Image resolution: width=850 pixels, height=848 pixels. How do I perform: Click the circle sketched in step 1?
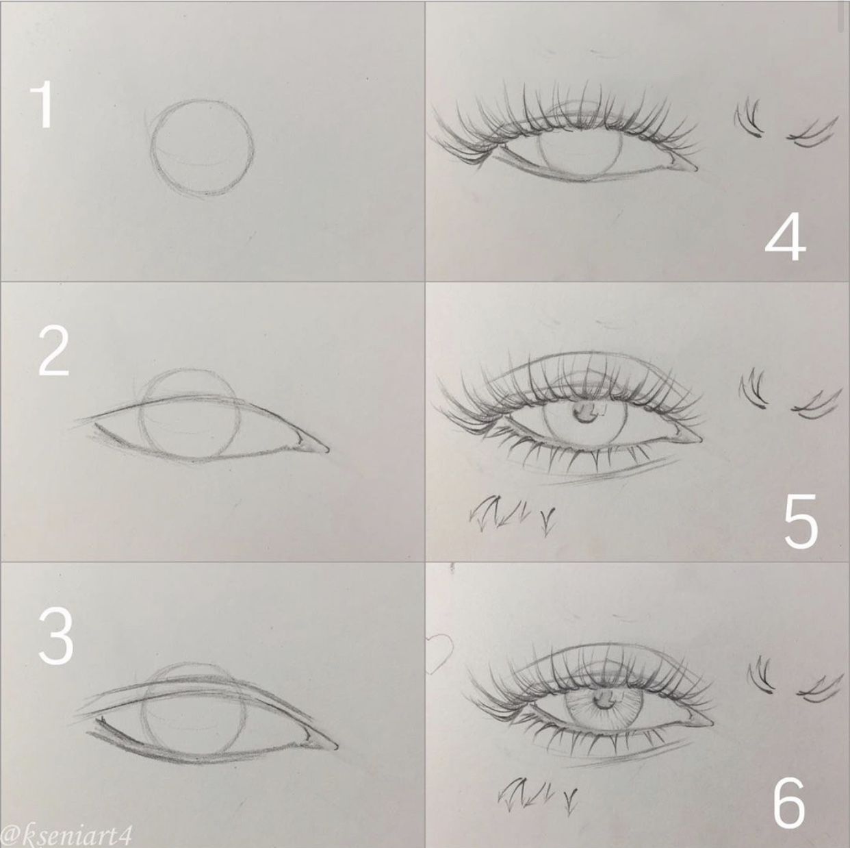[202, 149]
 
